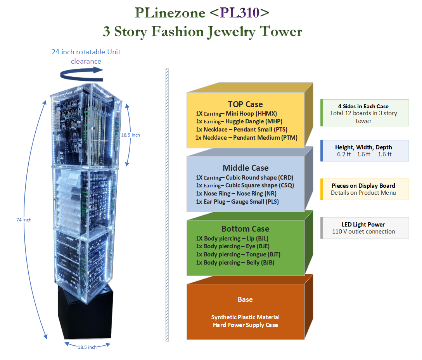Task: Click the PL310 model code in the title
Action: click(239, 13)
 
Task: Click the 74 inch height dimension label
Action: click(24, 220)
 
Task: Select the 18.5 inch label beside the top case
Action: click(130, 135)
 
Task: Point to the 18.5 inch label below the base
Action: click(87, 347)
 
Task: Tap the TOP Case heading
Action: click(245, 104)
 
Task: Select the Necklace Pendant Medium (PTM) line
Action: click(246, 137)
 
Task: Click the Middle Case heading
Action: click(246, 168)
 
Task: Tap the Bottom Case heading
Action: click(245, 228)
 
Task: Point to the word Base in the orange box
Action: click(245, 299)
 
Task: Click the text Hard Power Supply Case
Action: click(245, 325)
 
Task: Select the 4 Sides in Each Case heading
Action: click(363, 106)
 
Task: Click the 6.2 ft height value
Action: click(344, 154)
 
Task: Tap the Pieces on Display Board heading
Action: click(363, 186)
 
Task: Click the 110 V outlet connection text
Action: click(363, 232)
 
